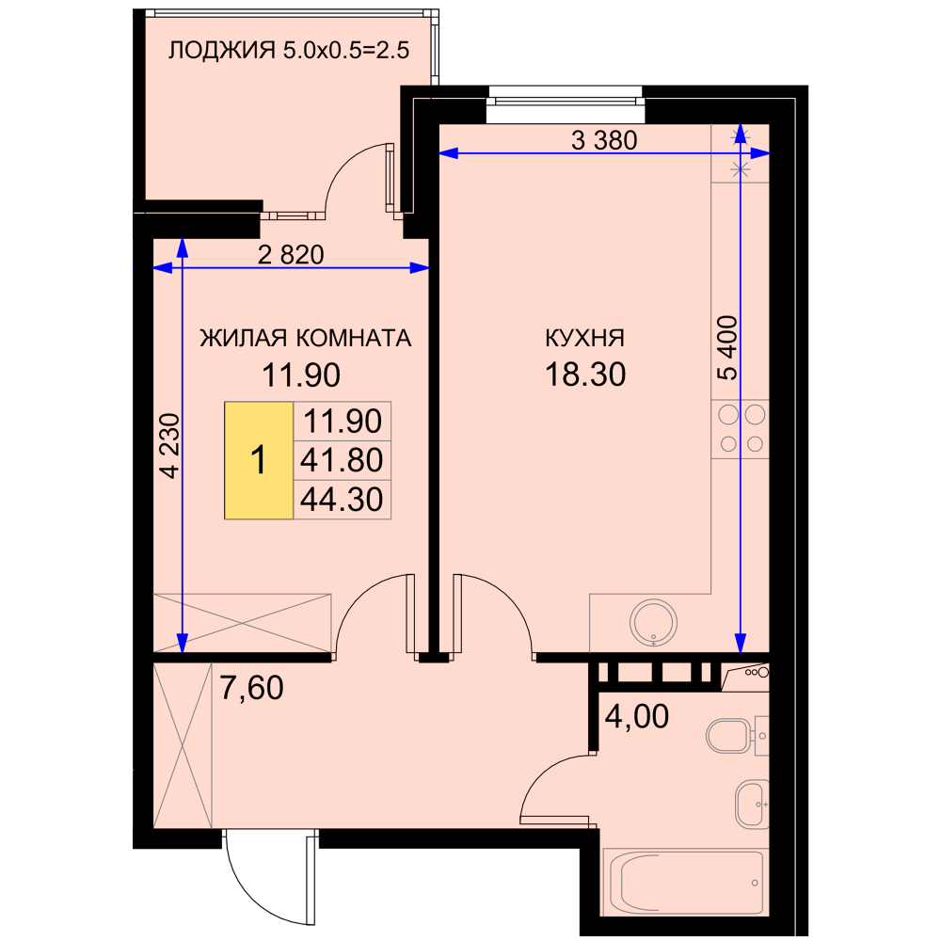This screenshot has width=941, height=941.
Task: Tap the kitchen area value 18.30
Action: [x=585, y=375]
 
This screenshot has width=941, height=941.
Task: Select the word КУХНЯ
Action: [x=584, y=338]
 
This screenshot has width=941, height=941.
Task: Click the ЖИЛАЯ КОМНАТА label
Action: [x=306, y=338]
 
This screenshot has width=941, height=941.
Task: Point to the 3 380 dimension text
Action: [x=604, y=140]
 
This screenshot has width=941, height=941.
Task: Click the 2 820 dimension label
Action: [x=291, y=255]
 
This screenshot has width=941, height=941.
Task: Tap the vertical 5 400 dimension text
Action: [x=727, y=348]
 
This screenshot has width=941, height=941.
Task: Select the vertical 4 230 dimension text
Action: [x=171, y=446]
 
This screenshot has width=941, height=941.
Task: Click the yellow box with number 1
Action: [x=259, y=460]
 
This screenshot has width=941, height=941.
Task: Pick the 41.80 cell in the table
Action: [x=343, y=460]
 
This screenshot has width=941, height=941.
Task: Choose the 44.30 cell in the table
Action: [x=343, y=500]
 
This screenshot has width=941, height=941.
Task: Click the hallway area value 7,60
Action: [x=251, y=688]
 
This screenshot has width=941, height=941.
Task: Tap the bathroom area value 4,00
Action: [x=637, y=716]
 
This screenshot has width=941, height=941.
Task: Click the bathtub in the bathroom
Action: [x=685, y=883]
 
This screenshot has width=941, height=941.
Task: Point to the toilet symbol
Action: [x=737, y=735]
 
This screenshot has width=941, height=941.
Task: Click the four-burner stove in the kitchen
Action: [x=741, y=430]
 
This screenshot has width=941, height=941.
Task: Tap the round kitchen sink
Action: [x=654, y=622]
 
